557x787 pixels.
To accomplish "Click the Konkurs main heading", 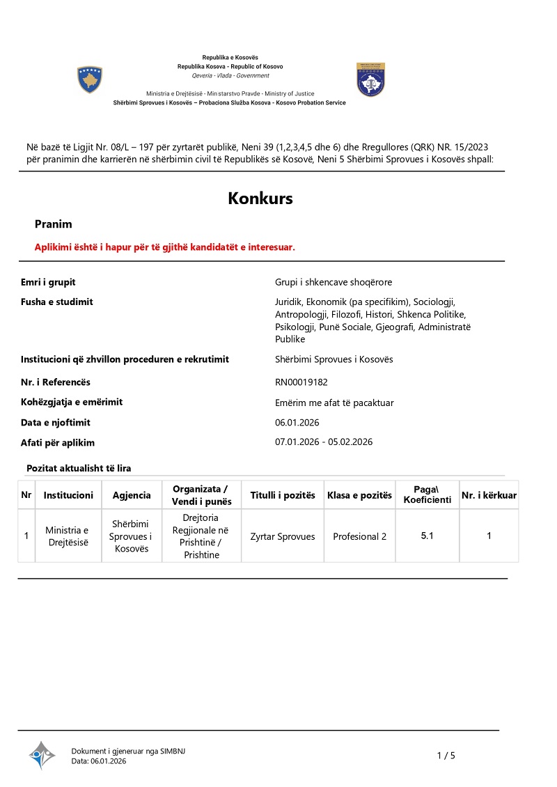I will tap(260, 198).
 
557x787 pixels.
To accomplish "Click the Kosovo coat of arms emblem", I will tap(90, 80).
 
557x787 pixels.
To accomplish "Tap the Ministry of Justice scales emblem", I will tap(370, 79).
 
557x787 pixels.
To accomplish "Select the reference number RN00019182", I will tap(301, 382).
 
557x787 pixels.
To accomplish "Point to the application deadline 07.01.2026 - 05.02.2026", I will tap(324, 442).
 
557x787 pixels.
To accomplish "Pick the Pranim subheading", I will tap(54, 224).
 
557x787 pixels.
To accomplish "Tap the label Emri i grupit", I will tap(48, 282).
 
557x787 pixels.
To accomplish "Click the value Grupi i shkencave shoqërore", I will tap(334, 282).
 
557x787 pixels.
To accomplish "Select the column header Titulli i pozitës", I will tap(283, 495).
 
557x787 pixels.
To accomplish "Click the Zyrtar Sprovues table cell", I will tap(283, 536).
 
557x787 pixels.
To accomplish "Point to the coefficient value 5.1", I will tap(427, 536).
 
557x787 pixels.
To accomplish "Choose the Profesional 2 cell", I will tap(359, 536).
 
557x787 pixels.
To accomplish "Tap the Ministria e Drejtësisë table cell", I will tap(67, 536).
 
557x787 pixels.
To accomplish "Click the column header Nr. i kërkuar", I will tap(489, 495).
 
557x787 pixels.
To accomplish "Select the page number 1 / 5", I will tap(446, 756).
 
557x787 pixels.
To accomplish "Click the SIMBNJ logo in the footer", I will tap(42, 755).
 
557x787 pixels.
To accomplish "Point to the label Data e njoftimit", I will tap(56, 423).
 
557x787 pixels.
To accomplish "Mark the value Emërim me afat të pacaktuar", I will tap(334, 403).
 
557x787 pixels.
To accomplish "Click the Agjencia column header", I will tap(132, 495).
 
